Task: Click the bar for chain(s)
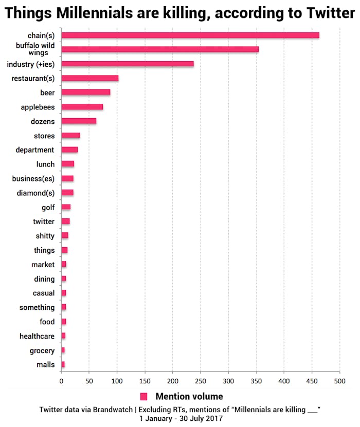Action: tap(190, 35)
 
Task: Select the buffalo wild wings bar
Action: tap(160, 49)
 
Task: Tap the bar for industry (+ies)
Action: tap(128, 64)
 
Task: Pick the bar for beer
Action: tap(86, 92)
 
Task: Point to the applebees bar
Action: tap(82, 107)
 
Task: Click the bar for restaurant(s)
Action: tap(90, 78)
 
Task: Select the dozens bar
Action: tap(79, 121)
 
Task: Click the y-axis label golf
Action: tap(48, 207)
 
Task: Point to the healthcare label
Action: tap(37, 336)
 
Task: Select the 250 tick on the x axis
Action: tap(200, 382)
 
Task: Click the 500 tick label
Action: tap(339, 382)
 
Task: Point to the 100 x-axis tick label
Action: tap(117, 382)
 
